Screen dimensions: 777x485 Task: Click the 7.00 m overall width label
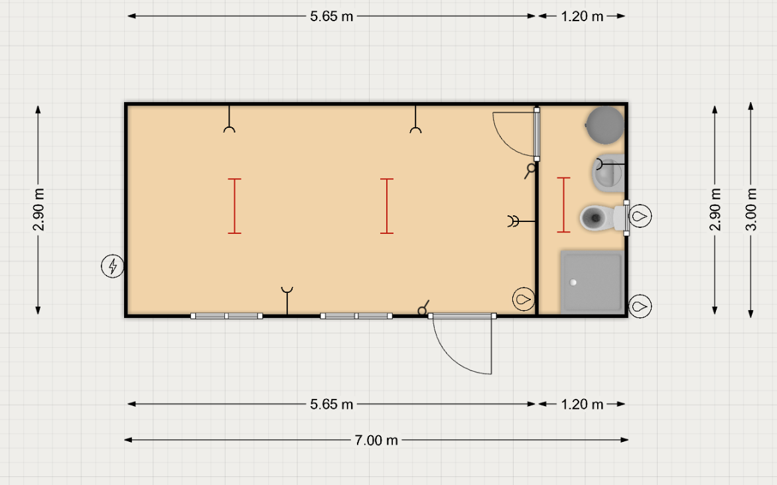click(x=376, y=440)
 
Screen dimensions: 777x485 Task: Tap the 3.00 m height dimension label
click(x=751, y=210)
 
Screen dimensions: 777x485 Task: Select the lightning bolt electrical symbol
click(x=113, y=266)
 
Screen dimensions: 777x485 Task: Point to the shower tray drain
click(x=573, y=283)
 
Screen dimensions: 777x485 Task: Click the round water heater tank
click(x=605, y=125)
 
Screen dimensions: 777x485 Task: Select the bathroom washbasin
click(x=608, y=173)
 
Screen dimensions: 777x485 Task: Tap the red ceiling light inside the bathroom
click(x=563, y=205)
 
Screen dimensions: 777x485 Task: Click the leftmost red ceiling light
click(x=234, y=206)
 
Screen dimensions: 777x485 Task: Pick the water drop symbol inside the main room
click(x=524, y=299)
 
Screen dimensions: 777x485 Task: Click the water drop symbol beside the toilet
click(x=640, y=216)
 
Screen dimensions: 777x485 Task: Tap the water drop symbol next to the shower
click(x=640, y=306)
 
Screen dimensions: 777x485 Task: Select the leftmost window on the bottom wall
click(x=226, y=316)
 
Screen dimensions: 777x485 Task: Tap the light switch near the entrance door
click(x=423, y=308)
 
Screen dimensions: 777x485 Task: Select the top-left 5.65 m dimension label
click(x=332, y=17)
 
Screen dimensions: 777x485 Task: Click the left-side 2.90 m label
click(x=38, y=210)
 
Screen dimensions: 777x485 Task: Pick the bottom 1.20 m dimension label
click(x=583, y=404)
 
